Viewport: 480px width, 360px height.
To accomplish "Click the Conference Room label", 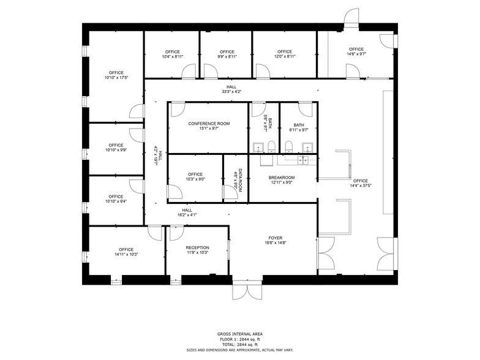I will click(209, 124).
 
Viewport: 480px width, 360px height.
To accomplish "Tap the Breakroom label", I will click(282, 178).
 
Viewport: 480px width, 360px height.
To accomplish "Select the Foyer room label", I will click(274, 238).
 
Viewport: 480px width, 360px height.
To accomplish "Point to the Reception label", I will click(197, 248).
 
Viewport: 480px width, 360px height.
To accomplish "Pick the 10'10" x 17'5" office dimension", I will click(116, 78).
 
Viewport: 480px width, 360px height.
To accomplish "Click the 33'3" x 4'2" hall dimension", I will click(231, 92).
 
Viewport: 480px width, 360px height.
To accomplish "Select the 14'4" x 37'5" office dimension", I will click(360, 186).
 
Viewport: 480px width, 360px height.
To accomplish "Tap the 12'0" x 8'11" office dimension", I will click(284, 56).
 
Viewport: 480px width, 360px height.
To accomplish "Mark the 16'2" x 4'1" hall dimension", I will click(187, 215).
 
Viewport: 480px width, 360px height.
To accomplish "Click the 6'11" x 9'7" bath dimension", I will click(299, 130).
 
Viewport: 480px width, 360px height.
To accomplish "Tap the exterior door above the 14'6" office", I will click(351, 18).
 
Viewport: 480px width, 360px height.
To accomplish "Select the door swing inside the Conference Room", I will click(176, 109).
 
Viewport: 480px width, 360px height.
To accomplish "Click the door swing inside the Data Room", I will click(231, 193).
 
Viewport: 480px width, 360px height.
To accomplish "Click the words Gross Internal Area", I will click(239, 334).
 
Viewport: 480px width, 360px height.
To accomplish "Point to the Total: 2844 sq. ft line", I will click(239, 345).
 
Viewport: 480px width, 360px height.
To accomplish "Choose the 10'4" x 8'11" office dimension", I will click(173, 56).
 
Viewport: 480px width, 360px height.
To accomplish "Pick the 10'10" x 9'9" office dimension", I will click(116, 150).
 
